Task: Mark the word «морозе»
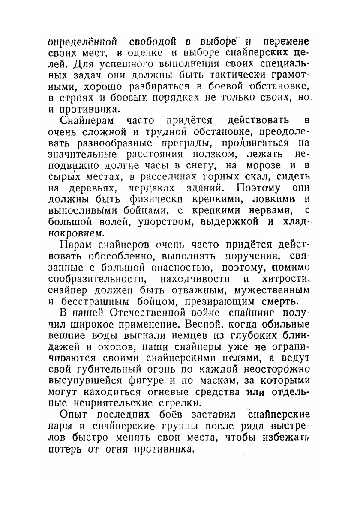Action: (x=263, y=164)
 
